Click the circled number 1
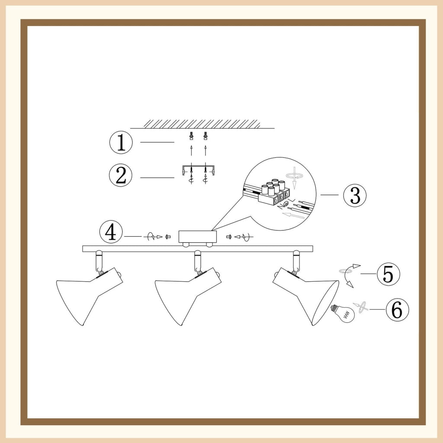click(121, 142)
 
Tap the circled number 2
click(121, 175)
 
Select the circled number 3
click(355, 195)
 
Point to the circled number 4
click(111, 232)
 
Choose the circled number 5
click(388, 274)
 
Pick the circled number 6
click(397, 310)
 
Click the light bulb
click(343, 313)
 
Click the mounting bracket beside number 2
click(198, 169)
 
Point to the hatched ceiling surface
click(202, 124)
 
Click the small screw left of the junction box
click(168, 237)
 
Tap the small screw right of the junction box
click(229, 237)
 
